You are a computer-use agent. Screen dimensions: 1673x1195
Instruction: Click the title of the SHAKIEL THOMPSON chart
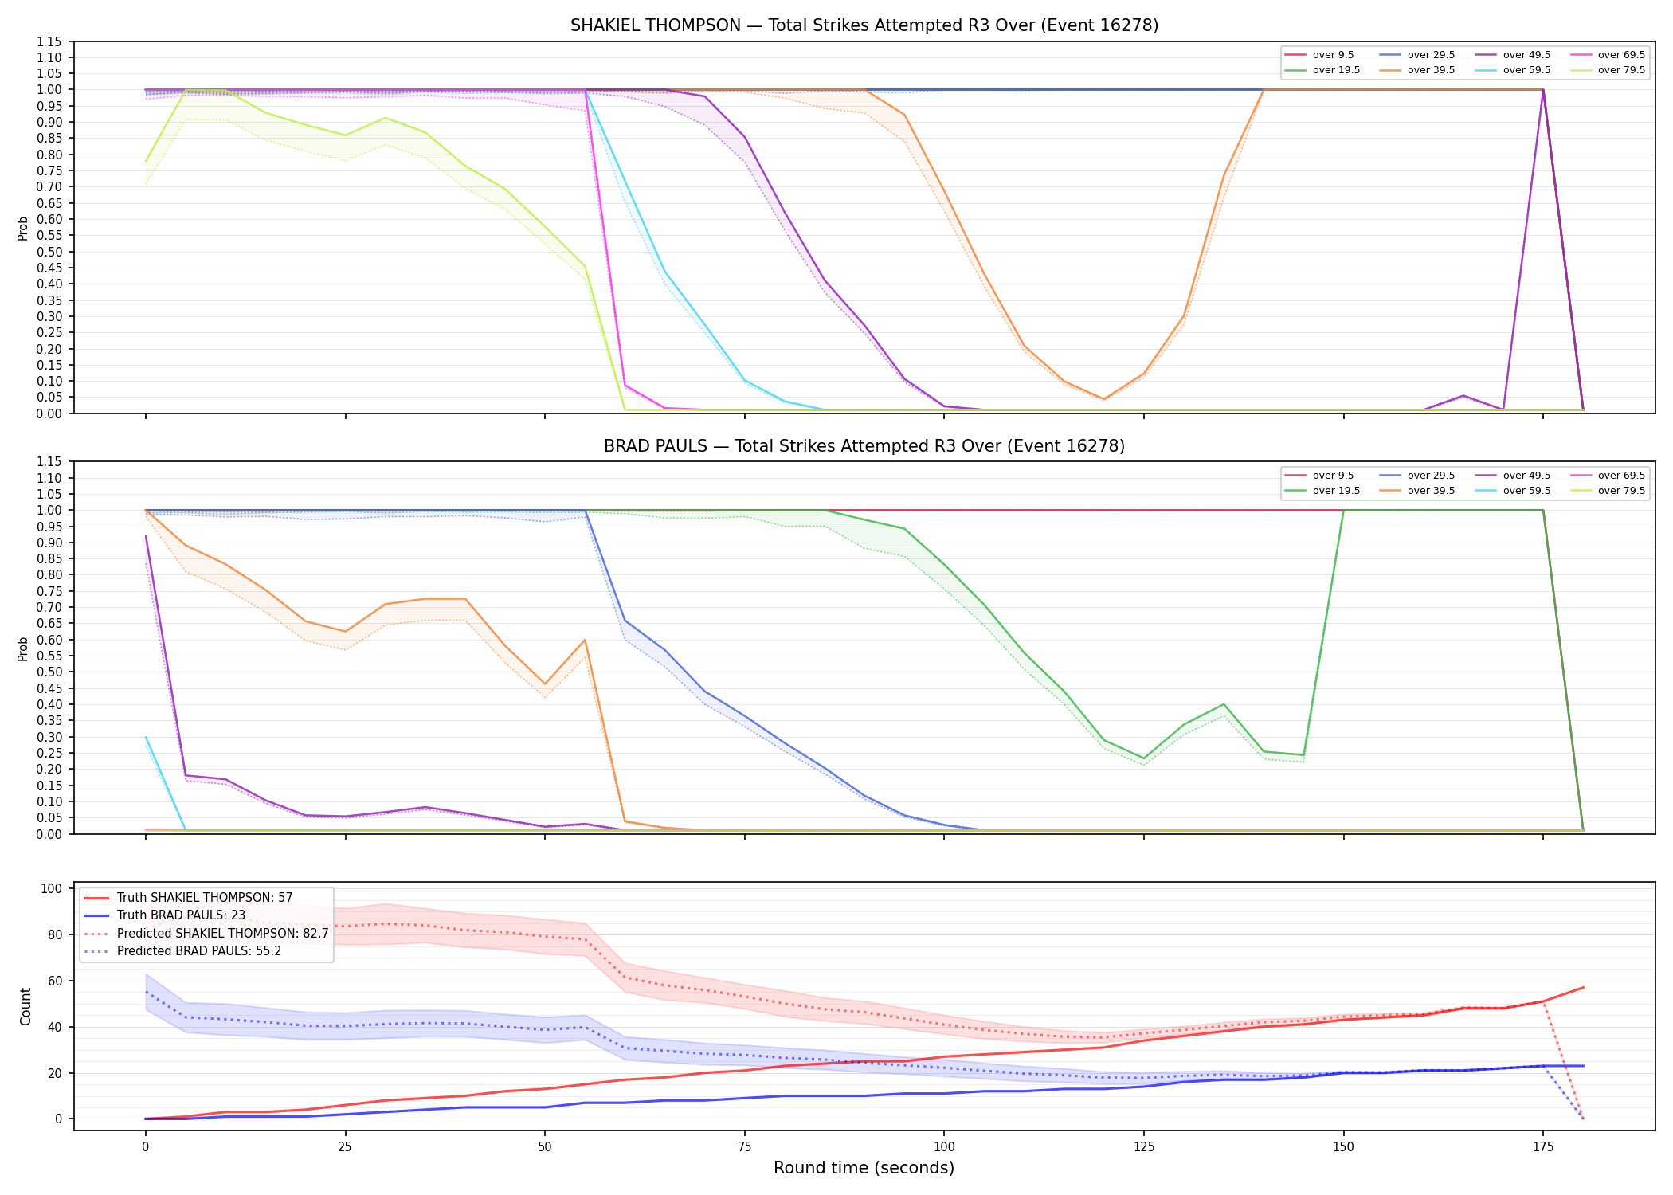[864, 25]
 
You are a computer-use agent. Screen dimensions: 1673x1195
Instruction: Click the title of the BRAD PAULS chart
[864, 446]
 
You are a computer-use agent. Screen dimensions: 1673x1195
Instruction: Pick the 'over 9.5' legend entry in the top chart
[1319, 55]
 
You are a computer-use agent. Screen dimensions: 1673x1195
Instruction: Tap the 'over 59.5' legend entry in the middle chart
[1513, 491]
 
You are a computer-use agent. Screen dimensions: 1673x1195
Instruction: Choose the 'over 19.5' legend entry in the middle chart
[1322, 491]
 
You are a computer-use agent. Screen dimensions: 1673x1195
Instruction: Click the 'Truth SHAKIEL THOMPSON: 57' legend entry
[188, 898]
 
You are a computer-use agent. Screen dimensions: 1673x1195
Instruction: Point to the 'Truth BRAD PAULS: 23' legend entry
[164, 915]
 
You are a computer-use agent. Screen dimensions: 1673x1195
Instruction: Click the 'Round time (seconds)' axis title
[864, 1168]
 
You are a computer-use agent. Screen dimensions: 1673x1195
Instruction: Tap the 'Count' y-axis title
[25, 1006]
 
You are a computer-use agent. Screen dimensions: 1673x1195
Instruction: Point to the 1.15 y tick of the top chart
[49, 41]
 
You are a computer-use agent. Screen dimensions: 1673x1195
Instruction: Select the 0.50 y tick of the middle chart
[49, 672]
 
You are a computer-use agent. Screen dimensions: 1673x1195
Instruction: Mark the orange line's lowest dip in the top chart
[1103, 399]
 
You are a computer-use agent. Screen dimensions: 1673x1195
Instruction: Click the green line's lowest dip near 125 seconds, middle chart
[1143, 758]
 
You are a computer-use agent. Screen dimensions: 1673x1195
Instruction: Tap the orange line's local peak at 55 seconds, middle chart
[585, 640]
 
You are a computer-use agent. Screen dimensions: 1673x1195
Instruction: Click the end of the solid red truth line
[1583, 988]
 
